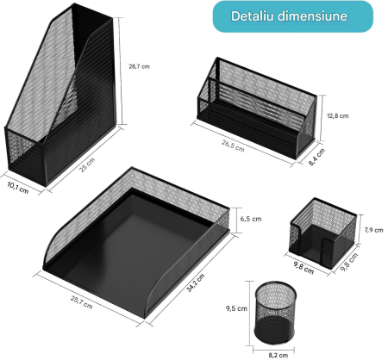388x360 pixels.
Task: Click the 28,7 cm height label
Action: click(139, 65)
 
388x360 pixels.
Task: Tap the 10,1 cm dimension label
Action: click(18, 187)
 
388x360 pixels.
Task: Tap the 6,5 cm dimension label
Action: click(250, 219)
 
